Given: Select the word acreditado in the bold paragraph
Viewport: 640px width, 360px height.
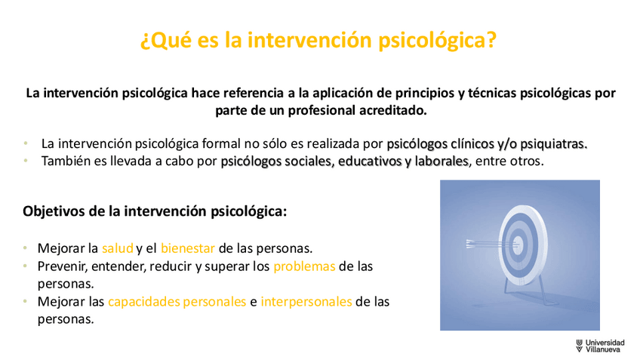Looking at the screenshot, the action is (x=392, y=110).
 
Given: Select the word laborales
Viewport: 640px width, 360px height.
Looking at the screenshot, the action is (x=442, y=162).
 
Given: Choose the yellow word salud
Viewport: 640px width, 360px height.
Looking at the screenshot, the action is (x=118, y=248).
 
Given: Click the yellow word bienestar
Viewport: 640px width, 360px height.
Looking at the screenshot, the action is (x=188, y=248).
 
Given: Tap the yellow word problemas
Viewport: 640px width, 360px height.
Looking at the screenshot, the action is (x=304, y=266).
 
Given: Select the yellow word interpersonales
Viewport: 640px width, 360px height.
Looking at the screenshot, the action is (x=306, y=302).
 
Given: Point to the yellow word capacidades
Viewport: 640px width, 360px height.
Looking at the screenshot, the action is (x=143, y=302).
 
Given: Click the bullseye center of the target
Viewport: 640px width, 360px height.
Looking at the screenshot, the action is (x=518, y=245).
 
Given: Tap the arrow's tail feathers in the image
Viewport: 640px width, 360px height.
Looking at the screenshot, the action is (x=472, y=244).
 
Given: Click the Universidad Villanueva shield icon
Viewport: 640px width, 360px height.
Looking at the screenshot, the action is (x=579, y=346).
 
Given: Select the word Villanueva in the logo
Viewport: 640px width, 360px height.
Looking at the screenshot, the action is (x=602, y=349).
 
